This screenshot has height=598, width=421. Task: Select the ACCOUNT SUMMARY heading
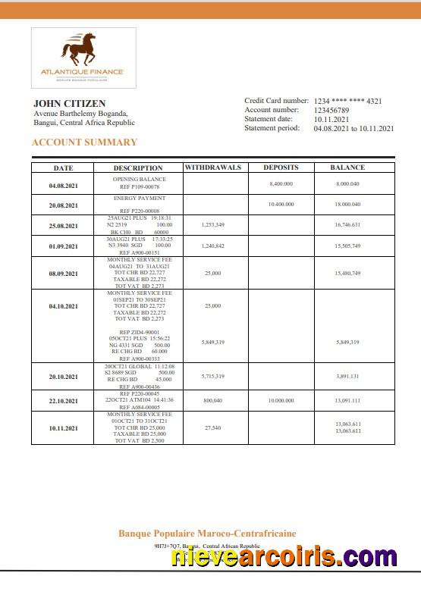pyautogui.click(x=84, y=142)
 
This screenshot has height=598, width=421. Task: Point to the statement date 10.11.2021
pyautogui.click(x=331, y=119)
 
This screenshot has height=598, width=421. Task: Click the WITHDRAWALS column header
pyautogui.click(x=213, y=168)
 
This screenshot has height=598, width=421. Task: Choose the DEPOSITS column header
pyautogui.click(x=281, y=168)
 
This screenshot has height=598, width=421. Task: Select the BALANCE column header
pyautogui.click(x=347, y=168)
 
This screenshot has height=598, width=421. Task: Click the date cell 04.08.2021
pyautogui.click(x=63, y=186)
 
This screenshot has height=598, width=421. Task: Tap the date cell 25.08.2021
pyautogui.click(x=63, y=226)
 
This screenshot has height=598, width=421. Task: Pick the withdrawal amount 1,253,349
pyautogui.click(x=213, y=225)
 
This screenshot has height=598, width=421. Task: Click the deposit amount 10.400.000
pyautogui.click(x=281, y=205)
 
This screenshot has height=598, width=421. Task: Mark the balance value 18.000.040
pyautogui.click(x=347, y=205)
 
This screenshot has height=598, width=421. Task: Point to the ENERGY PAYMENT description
pyautogui.click(x=140, y=198)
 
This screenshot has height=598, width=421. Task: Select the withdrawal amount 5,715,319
pyautogui.click(x=213, y=377)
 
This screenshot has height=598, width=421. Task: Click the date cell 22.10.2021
pyautogui.click(x=63, y=402)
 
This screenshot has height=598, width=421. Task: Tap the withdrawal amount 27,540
pyautogui.click(x=213, y=428)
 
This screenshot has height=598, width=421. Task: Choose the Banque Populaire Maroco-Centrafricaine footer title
pyautogui.click(x=207, y=534)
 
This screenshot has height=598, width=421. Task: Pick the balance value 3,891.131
pyautogui.click(x=347, y=377)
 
